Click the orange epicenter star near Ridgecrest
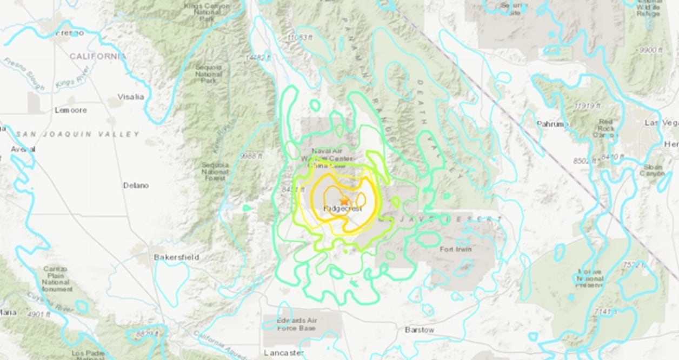(x=344, y=201)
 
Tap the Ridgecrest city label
(x=342, y=209)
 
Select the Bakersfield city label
(x=176, y=257)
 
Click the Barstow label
(x=420, y=329)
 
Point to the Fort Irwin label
(x=456, y=249)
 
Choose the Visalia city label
(x=131, y=97)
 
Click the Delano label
(x=136, y=185)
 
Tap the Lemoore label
(x=71, y=110)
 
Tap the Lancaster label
(x=284, y=352)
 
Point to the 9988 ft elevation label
(x=252, y=156)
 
